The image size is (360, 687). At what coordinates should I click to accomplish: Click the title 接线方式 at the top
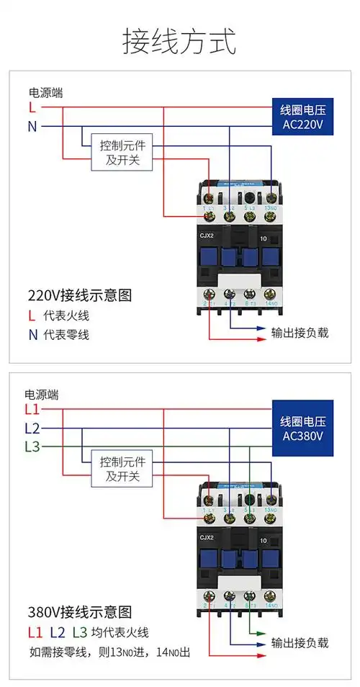(179, 41)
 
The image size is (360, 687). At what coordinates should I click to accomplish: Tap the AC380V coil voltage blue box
(302, 429)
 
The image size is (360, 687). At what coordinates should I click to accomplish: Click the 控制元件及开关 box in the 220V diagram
(122, 153)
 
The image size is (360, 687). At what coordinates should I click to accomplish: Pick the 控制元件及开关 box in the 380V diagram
(122, 469)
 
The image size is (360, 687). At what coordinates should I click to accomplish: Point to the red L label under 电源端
(32, 108)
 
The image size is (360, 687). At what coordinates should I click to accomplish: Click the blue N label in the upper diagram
(32, 127)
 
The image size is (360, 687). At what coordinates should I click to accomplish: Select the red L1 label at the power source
(32, 410)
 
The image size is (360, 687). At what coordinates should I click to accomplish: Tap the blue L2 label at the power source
(32, 428)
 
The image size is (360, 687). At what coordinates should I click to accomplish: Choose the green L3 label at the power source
(32, 446)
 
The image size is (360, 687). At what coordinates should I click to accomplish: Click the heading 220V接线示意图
(80, 296)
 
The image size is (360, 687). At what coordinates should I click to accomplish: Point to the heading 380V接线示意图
(80, 613)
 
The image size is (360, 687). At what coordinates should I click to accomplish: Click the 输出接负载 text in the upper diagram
(300, 333)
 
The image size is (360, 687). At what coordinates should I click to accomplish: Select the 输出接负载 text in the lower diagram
(300, 643)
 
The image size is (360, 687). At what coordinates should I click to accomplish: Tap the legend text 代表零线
(66, 335)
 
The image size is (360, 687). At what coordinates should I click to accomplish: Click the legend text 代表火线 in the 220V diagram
(66, 315)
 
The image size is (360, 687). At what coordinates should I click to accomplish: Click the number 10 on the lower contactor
(264, 549)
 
